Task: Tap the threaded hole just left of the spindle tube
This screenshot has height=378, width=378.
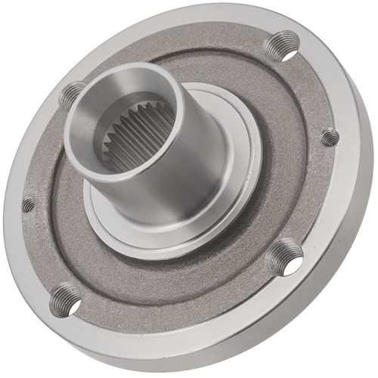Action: (x=72, y=94)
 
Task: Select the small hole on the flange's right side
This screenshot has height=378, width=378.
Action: (x=330, y=138)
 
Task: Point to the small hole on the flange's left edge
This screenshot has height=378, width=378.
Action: (x=28, y=203)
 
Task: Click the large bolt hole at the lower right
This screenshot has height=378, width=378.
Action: (x=286, y=256)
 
